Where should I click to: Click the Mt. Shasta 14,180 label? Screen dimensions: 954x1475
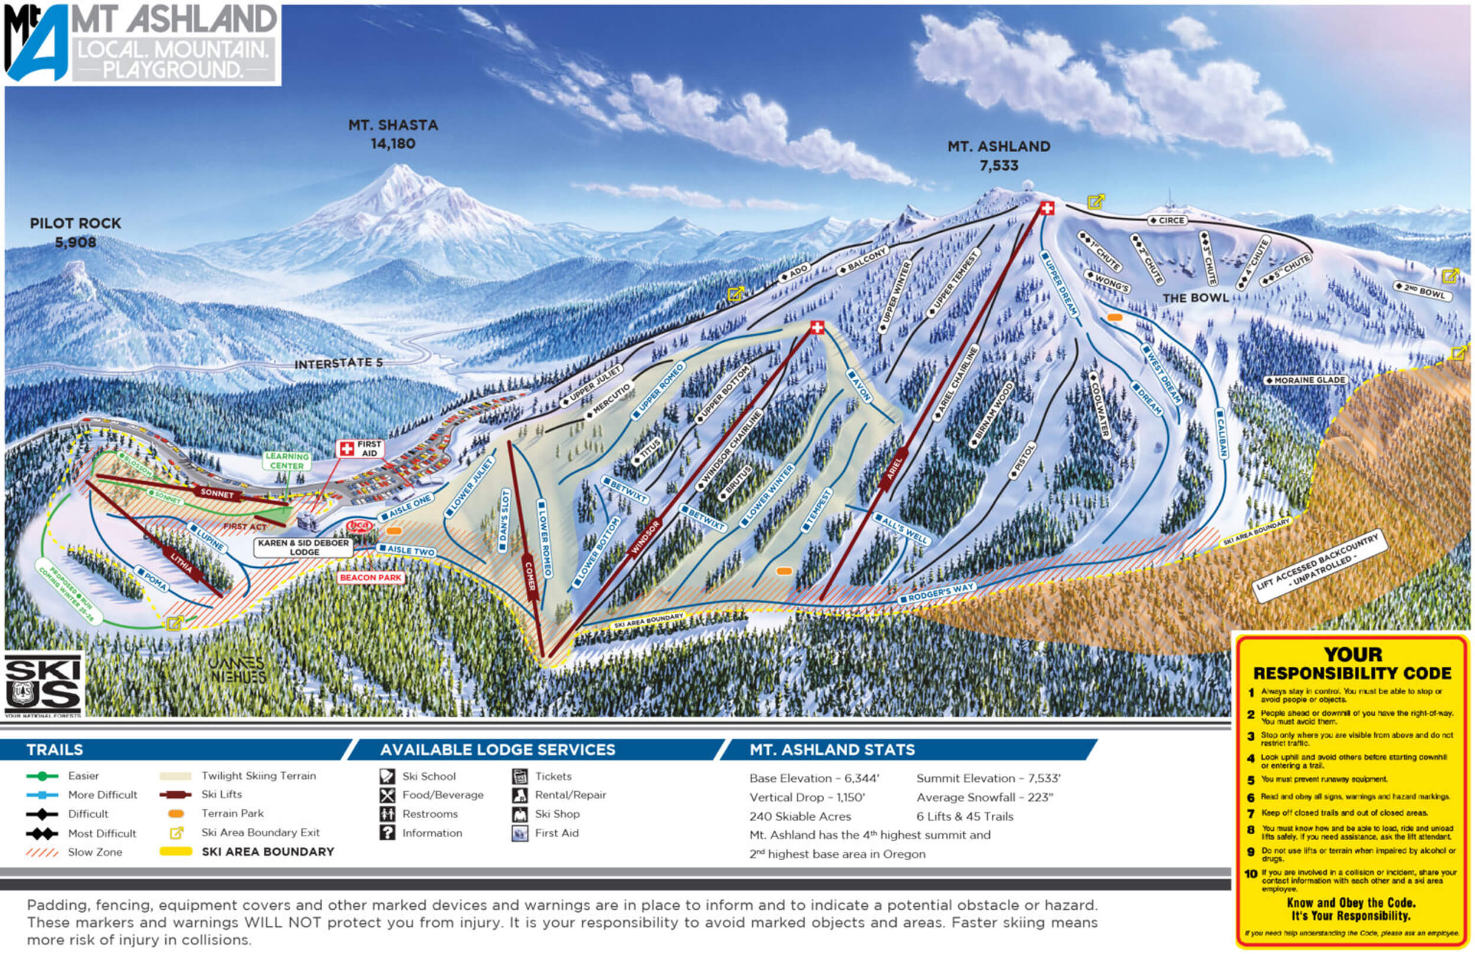[x=393, y=134]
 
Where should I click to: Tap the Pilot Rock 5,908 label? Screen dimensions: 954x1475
[x=76, y=232]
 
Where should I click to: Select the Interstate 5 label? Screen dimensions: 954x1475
[x=339, y=364]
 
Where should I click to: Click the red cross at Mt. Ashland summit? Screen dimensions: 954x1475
[x=1047, y=208]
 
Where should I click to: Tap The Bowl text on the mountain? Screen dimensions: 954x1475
[x=1195, y=298]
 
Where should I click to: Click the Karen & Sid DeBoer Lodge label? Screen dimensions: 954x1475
[x=304, y=547]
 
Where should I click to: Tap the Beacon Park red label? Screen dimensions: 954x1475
[x=371, y=577]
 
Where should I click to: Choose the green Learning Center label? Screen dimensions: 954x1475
[x=286, y=461]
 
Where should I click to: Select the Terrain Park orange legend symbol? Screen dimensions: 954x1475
[x=176, y=814]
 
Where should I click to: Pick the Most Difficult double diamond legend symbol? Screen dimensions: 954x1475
[x=42, y=833]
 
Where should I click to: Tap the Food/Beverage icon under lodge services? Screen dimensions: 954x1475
[x=388, y=795]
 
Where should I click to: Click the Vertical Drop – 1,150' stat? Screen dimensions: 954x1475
[x=807, y=797]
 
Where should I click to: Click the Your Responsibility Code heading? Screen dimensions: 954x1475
[x=1352, y=663]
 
